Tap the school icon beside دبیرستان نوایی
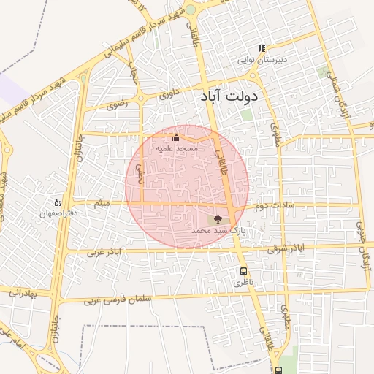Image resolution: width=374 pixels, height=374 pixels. (x=261, y=50)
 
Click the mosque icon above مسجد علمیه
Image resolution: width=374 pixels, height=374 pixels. (x=175, y=137)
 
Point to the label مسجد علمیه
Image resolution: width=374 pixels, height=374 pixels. (x=176, y=148)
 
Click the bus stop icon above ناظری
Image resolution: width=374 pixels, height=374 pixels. (x=243, y=270)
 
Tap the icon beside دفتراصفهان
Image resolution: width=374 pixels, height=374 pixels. (x=58, y=202)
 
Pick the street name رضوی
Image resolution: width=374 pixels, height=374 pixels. (x=117, y=105)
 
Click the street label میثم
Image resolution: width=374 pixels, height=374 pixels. (x=103, y=202)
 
